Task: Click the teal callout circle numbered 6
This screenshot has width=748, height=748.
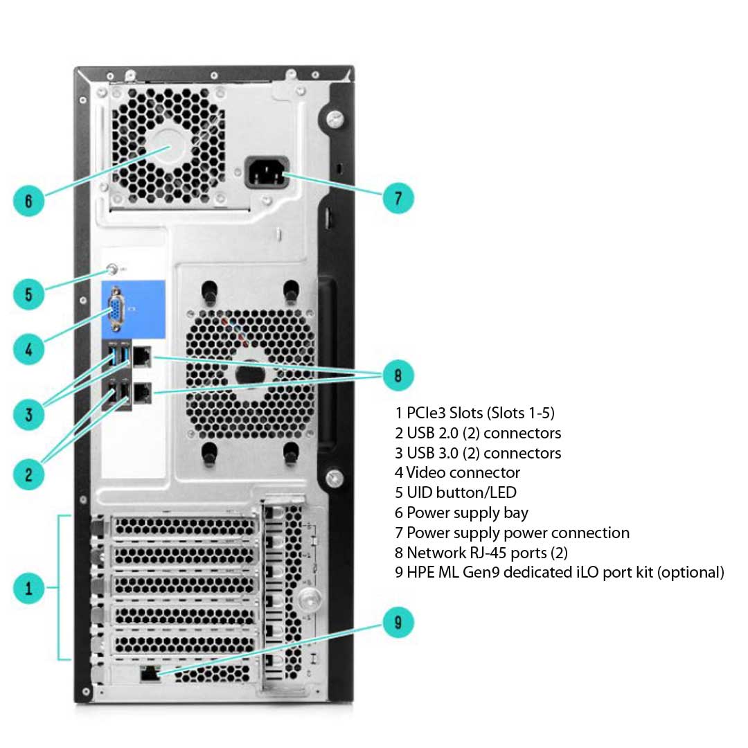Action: click(28, 201)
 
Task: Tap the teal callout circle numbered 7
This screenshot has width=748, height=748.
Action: click(398, 198)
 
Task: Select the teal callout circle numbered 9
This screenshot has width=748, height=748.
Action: click(398, 622)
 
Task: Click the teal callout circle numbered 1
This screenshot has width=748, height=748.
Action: click(28, 589)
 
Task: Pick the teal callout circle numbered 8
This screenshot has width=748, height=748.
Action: click(398, 375)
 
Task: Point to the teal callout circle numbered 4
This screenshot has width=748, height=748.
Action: click(28, 350)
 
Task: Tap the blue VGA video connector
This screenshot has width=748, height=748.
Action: click(116, 312)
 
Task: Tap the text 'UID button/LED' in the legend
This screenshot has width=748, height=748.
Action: click(461, 493)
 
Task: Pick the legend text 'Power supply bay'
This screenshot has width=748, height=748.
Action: click(467, 513)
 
